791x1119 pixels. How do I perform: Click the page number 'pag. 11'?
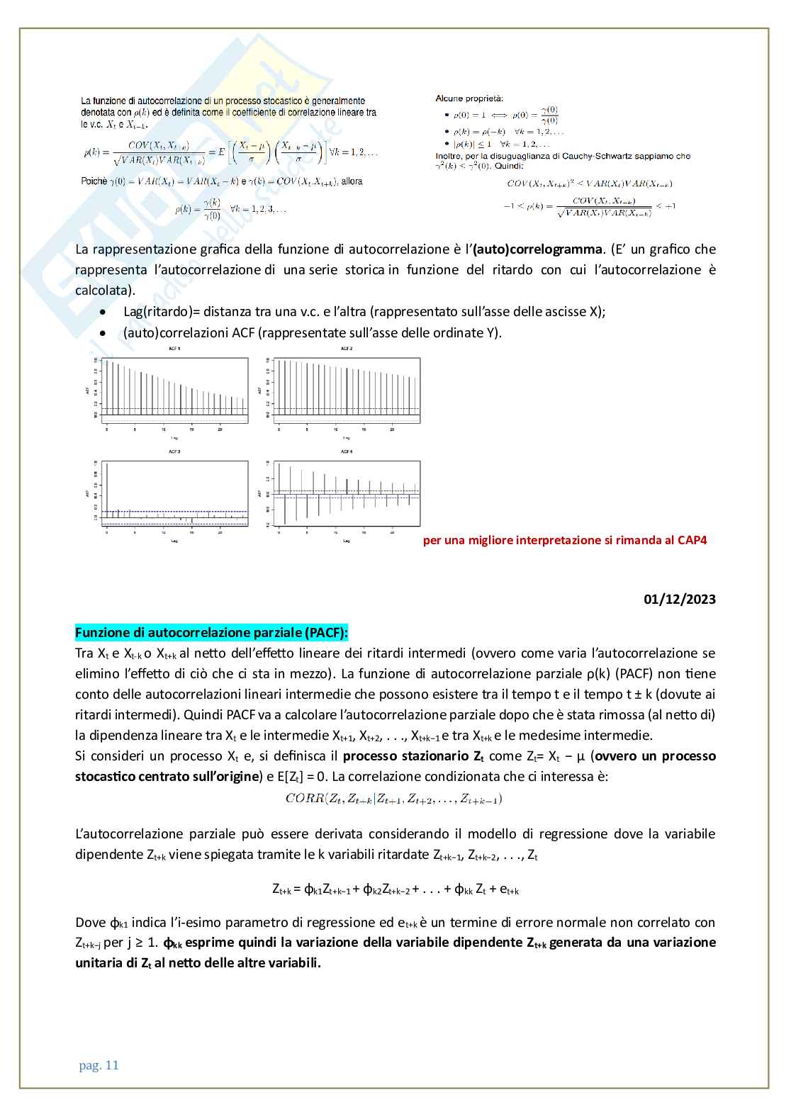(x=99, y=1065)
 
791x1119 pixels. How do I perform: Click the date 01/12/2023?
(x=679, y=599)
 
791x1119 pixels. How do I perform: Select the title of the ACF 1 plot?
(x=174, y=349)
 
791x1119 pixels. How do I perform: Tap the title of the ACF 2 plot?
(x=347, y=349)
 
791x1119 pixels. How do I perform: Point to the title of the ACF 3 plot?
(x=174, y=451)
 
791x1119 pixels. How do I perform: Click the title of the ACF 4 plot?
(x=347, y=451)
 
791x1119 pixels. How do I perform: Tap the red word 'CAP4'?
(x=692, y=540)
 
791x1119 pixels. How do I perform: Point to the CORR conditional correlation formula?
(x=394, y=799)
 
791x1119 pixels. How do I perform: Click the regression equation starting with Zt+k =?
(x=395, y=889)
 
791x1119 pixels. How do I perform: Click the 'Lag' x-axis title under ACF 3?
(x=174, y=541)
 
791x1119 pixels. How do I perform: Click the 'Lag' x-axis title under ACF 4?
(x=347, y=541)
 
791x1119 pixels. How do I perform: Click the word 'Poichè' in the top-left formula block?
(x=94, y=181)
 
